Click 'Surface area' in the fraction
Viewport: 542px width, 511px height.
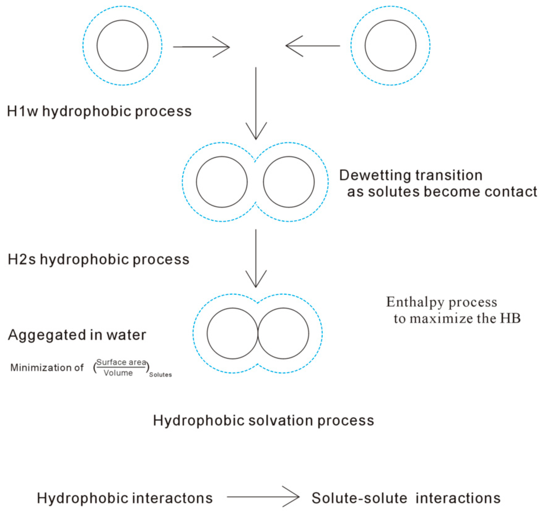(x=121, y=362)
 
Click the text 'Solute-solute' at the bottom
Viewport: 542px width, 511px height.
(x=359, y=498)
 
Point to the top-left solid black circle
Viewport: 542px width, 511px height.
(x=122, y=46)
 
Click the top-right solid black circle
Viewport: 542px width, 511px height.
(x=390, y=46)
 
